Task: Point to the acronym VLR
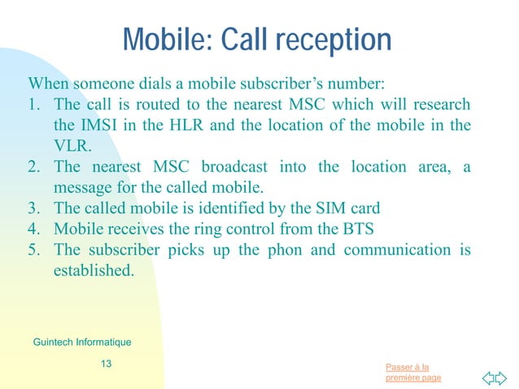tap(72, 146)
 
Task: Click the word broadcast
tap(233, 167)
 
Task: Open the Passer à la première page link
tap(414, 372)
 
